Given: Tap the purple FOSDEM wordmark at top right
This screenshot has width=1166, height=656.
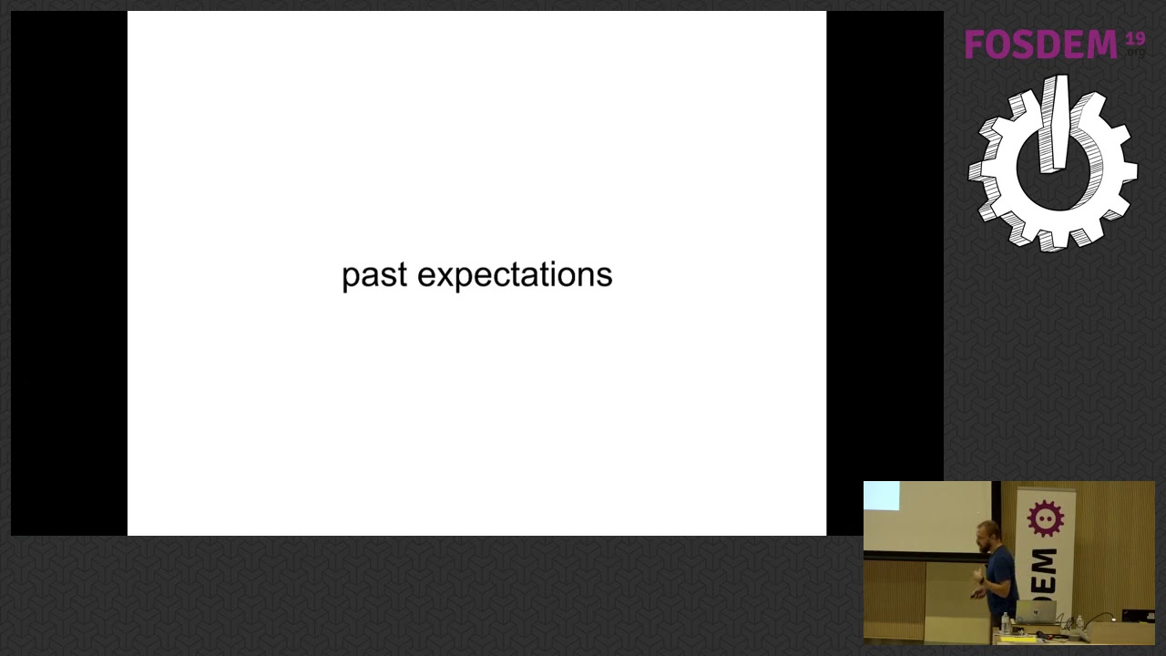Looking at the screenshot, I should coord(1040,44).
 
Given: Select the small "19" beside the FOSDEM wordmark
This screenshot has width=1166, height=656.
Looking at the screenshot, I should coord(1135,38).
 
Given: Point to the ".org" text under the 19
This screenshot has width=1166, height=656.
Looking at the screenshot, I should coord(1136,53).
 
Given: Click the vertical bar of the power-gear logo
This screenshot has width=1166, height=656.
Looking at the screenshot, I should coord(1054,123).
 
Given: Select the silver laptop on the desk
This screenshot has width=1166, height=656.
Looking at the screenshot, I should coord(1036,611).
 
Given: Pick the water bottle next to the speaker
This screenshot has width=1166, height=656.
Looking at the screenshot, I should coord(1006,623).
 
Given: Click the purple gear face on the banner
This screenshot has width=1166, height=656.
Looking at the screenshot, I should coord(1045,518).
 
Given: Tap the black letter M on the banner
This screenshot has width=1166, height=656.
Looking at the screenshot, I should coord(1045,561).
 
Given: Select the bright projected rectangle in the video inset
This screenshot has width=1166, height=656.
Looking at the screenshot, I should coord(881,496).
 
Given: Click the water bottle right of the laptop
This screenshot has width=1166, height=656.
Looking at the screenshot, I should coord(1079,622).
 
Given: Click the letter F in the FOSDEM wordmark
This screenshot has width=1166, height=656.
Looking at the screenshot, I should coord(975,45).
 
